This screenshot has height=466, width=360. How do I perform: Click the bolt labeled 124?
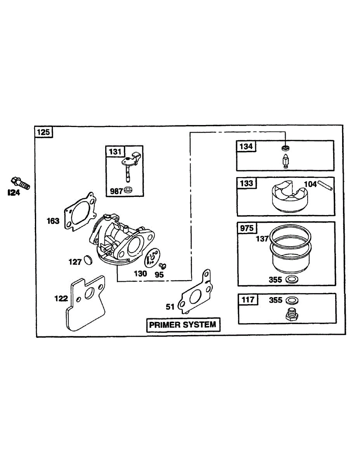20,183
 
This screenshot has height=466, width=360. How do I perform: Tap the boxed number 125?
43,132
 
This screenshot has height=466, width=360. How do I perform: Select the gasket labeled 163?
80,212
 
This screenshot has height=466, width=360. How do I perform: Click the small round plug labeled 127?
88,260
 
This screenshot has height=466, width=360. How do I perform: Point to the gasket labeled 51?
195,292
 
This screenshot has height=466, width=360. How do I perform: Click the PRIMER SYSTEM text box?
183,325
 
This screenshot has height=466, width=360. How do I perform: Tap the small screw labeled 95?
163,266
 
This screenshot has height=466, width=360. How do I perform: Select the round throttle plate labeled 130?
152,258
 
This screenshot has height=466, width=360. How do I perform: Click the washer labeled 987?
128,190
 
